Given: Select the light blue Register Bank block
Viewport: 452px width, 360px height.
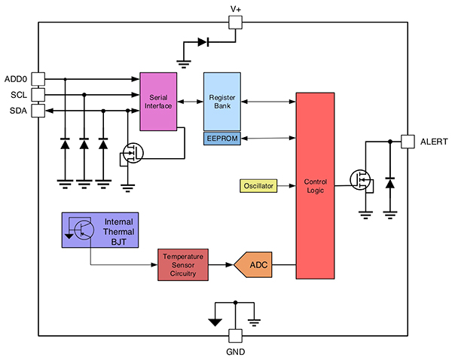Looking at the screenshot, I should click(x=222, y=101).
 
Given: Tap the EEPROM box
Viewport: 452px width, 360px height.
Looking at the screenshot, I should click(x=222, y=138).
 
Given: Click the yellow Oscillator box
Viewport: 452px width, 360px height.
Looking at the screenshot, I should click(x=258, y=185).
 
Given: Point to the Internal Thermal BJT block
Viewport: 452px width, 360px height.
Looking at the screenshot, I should click(x=100, y=230).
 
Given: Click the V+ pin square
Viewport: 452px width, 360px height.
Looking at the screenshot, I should click(x=236, y=23).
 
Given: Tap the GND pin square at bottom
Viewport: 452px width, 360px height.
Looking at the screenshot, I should click(x=236, y=337).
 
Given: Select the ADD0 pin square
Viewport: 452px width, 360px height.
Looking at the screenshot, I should click(x=38, y=78).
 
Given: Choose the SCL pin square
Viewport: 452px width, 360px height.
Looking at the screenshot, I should click(x=38, y=94).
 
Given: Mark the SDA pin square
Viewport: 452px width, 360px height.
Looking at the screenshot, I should click(x=38, y=110).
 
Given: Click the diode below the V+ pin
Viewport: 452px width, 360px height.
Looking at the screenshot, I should click(x=203, y=42).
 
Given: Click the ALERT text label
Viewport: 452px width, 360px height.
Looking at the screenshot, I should click(x=433, y=141).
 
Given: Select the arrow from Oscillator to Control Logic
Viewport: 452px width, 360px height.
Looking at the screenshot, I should click(x=286, y=185).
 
